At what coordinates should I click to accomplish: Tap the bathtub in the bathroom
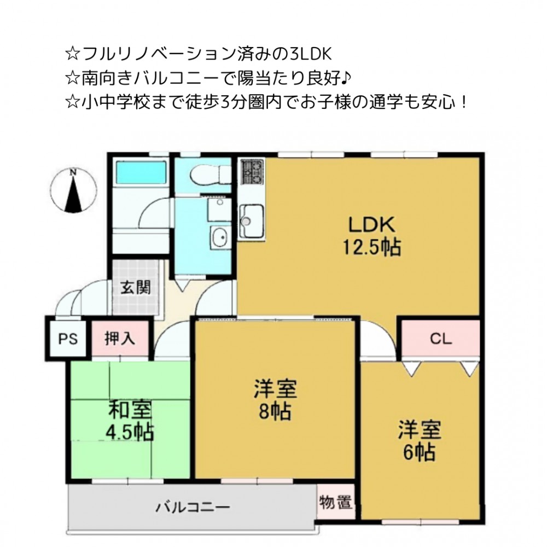tap(141, 172)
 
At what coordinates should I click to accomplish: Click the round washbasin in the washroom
tap(220, 237)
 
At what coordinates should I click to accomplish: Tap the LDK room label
tap(372, 225)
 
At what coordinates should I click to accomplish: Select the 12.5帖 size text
tap(372, 247)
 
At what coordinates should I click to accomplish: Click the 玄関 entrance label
tap(136, 288)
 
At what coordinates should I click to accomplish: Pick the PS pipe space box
tap(67, 339)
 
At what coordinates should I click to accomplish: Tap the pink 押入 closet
tap(120, 339)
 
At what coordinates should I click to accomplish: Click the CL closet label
tap(440, 339)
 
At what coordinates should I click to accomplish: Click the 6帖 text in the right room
tap(420, 452)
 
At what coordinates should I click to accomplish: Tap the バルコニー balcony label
tap(193, 507)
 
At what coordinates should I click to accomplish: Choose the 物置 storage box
tap(336, 502)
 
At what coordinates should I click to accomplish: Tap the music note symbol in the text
tap(345, 79)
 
